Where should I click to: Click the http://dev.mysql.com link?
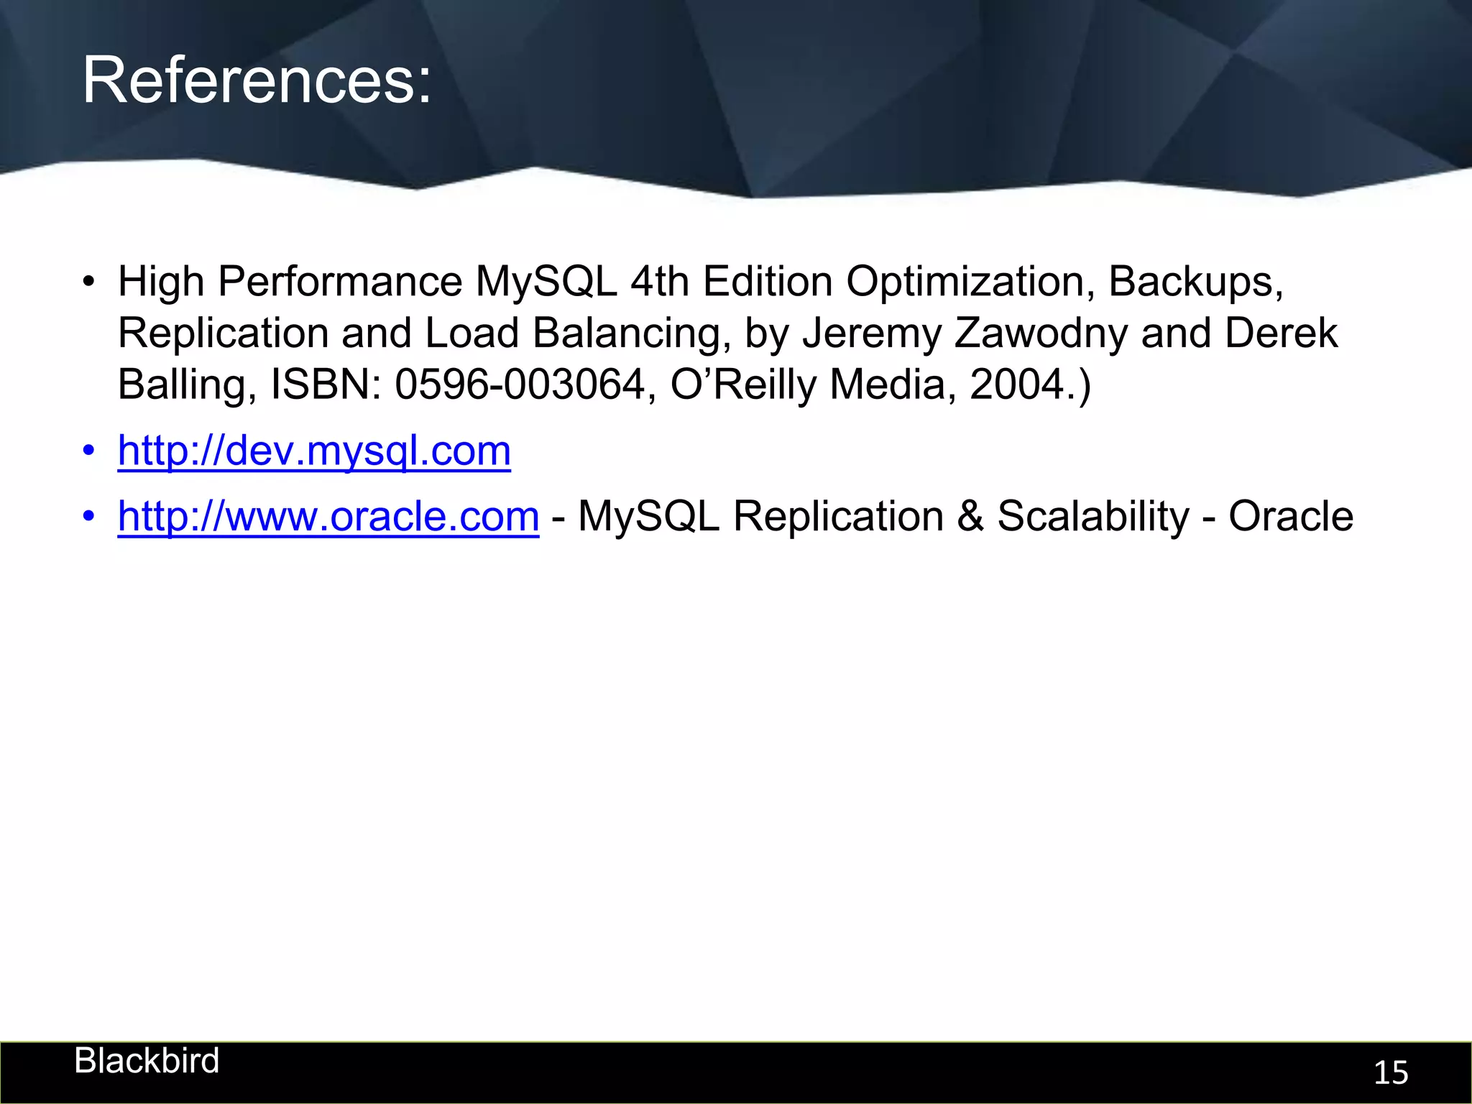(314, 451)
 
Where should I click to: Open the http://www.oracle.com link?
(328, 517)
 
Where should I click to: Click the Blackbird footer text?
(147, 1061)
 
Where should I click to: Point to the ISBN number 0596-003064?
(520, 385)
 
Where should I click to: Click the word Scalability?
(1093, 517)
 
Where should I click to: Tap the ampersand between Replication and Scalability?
(970, 517)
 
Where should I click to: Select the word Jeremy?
(871, 333)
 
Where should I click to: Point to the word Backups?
(1195, 281)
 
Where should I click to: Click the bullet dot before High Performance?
(88, 282)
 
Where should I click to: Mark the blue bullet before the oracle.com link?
(88, 517)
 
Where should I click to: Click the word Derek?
(1281, 333)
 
